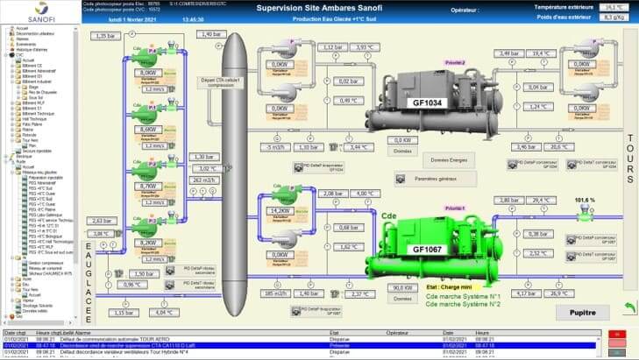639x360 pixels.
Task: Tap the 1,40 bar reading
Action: click(211, 34)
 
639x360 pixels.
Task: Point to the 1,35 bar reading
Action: click(104, 36)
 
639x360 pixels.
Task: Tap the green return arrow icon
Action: click(628, 308)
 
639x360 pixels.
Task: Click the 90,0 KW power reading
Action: click(402, 288)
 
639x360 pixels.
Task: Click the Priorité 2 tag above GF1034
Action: click(455, 62)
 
